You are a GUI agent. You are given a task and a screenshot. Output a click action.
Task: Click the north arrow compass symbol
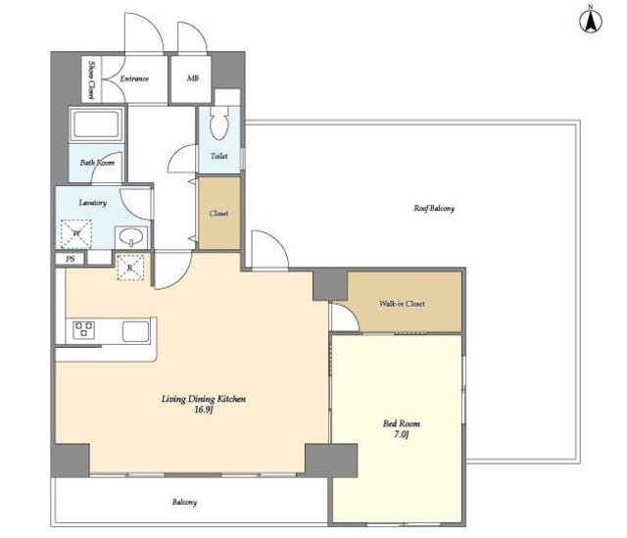590,21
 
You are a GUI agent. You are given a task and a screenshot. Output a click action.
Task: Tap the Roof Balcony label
434,208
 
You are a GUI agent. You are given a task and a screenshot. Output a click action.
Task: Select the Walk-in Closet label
402,304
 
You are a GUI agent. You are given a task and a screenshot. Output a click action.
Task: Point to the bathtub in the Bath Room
96,123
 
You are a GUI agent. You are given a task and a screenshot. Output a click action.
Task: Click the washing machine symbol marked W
76,233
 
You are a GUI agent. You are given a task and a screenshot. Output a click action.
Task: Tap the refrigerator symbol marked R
130,268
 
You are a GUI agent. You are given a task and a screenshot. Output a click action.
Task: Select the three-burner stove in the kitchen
84,330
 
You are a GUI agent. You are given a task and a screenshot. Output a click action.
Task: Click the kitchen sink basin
136,332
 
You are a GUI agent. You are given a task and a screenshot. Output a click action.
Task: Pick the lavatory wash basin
131,237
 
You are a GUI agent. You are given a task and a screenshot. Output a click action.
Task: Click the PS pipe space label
71,259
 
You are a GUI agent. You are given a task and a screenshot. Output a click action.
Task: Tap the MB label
192,78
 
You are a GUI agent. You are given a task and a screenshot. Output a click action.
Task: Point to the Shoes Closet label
91,79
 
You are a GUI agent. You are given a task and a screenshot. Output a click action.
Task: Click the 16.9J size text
204,410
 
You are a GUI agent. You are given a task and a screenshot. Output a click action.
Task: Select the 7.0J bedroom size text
401,434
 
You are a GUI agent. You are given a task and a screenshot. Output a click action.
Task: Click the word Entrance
134,78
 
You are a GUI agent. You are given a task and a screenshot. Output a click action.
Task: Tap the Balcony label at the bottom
184,502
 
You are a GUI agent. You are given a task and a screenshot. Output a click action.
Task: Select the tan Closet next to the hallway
219,213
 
